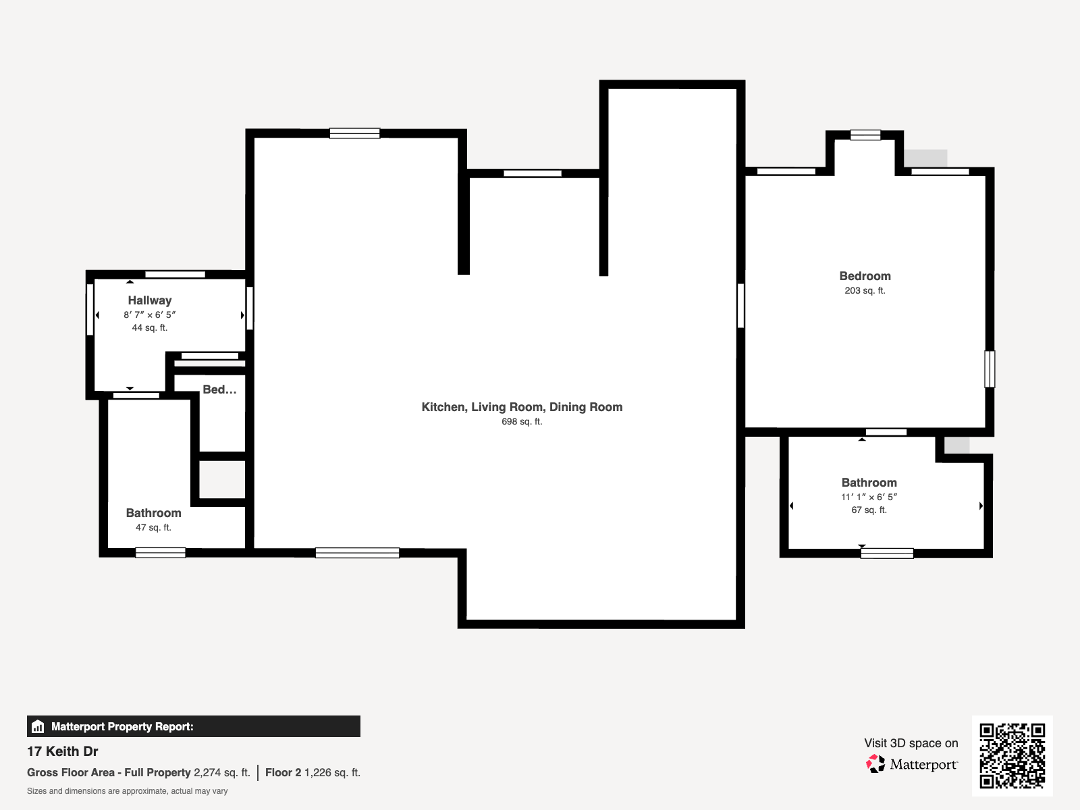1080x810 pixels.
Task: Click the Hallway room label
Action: tap(150, 300)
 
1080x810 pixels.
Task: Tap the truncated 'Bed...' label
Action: tap(219, 389)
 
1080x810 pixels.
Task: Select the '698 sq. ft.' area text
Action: tap(522, 421)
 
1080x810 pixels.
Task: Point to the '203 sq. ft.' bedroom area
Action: tap(865, 291)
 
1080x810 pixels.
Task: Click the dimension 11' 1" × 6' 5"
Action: tap(869, 497)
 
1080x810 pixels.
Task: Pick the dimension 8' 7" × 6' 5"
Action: tap(150, 315)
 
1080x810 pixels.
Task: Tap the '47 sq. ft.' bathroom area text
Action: tap(153, 528)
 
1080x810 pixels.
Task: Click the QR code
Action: tap(1012, 756)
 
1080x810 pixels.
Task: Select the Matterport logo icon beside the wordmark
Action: tap(875, 764)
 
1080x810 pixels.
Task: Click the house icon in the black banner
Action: tap(38, 726)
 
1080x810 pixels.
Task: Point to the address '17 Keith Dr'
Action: tap(63, 751)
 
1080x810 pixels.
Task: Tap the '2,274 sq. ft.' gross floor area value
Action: tap(222, 773)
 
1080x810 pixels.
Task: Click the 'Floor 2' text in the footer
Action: tap(283, 773)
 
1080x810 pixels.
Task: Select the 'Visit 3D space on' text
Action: tap(911, 743)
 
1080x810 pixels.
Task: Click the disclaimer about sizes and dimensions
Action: tap(127, 791)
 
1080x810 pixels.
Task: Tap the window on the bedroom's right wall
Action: tap(990, 369)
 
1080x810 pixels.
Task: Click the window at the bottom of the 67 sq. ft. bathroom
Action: tap(887, 553)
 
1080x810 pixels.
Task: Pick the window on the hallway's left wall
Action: tap(90, 310)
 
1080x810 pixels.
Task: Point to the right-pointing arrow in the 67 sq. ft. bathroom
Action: tap(981, 506)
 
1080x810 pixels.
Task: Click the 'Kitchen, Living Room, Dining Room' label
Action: tap(522, 407)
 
